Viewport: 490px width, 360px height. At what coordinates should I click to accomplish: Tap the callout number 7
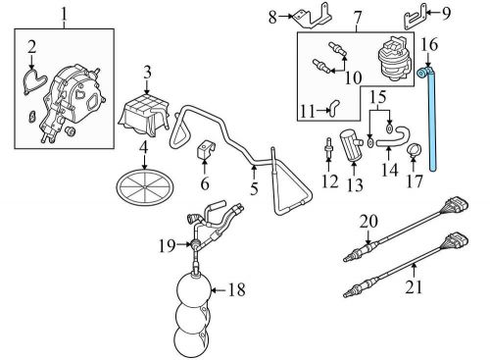point(357,18)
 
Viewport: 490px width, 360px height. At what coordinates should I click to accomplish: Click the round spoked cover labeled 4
point(145,186)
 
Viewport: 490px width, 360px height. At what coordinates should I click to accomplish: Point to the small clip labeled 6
point(205,151)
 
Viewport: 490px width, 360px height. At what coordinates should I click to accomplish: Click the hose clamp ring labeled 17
point(414,150)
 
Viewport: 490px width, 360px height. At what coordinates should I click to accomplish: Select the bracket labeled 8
point(313,16)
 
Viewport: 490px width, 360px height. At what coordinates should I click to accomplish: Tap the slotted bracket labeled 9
point(415,17)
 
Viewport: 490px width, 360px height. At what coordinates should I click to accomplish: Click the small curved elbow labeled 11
point(332,107)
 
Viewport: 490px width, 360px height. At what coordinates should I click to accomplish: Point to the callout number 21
point(414,286)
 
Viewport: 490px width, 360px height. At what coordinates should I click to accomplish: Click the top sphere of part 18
point(193,289)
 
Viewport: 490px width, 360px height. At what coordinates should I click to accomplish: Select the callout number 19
point(168,245)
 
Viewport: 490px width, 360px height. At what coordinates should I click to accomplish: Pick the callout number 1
point(64,14)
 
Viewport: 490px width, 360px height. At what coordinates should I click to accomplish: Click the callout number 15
point(378,97)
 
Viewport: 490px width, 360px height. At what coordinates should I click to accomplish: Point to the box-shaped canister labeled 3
point(145,117)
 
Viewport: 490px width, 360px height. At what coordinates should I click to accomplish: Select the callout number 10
point(353,77)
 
